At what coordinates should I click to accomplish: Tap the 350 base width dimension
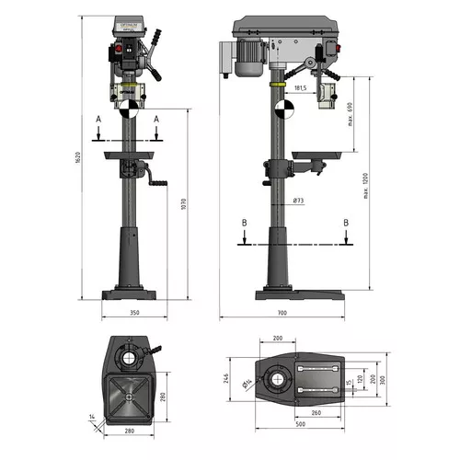coord(134,312)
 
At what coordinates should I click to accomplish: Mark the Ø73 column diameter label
coord(299,201)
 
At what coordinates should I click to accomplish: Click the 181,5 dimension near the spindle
coord(299,88)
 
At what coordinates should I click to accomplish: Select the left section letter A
coord(98,119)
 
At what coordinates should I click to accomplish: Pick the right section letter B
coord(346,223)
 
